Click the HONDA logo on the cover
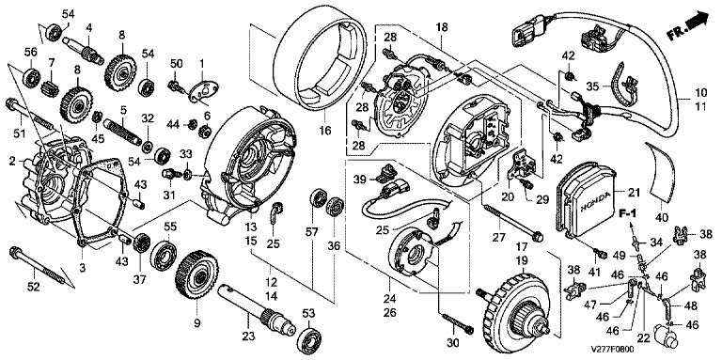595,201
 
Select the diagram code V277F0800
613,350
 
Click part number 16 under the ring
325,131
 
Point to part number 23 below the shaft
248,337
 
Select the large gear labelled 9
196,280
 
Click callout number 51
19,134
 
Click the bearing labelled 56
32,77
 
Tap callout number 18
441,27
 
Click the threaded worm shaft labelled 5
122,131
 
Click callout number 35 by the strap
593,86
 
